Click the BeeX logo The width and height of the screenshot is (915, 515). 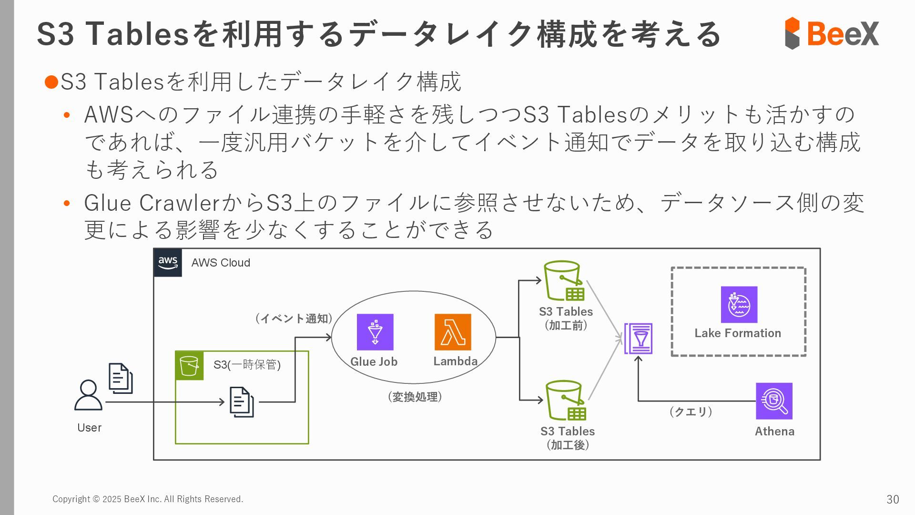(x=832, y=33)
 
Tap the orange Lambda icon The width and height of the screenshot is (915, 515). (x=453, y=332)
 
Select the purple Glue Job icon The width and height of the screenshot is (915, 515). (x=375, y=332)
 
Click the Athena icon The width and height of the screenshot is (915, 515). (x=774, y=401)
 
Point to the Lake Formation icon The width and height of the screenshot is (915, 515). (x=739, y=305)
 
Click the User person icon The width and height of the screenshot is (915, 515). (x=88, y=395)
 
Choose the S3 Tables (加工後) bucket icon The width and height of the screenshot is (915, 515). (x=566, y=400)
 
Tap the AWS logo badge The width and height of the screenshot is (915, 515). (x=168, y=262)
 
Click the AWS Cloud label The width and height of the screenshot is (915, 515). (x=221, y=263)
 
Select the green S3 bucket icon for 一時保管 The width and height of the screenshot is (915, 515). (x=189, y=366)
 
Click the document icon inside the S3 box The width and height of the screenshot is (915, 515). (x=242, y=402)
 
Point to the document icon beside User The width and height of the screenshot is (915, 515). (x=121, y=378)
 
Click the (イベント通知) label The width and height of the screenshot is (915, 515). (x=294, y=319)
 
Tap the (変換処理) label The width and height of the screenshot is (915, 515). (x=415, y=397)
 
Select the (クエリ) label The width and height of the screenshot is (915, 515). (x=691, y=412)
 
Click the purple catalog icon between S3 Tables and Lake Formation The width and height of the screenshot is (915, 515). (x=639, y=339)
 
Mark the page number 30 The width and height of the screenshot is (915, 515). (x=892, y=499)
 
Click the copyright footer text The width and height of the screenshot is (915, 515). (x=148, y=499)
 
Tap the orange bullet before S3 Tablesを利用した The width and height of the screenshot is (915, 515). (x=51, y=82)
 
